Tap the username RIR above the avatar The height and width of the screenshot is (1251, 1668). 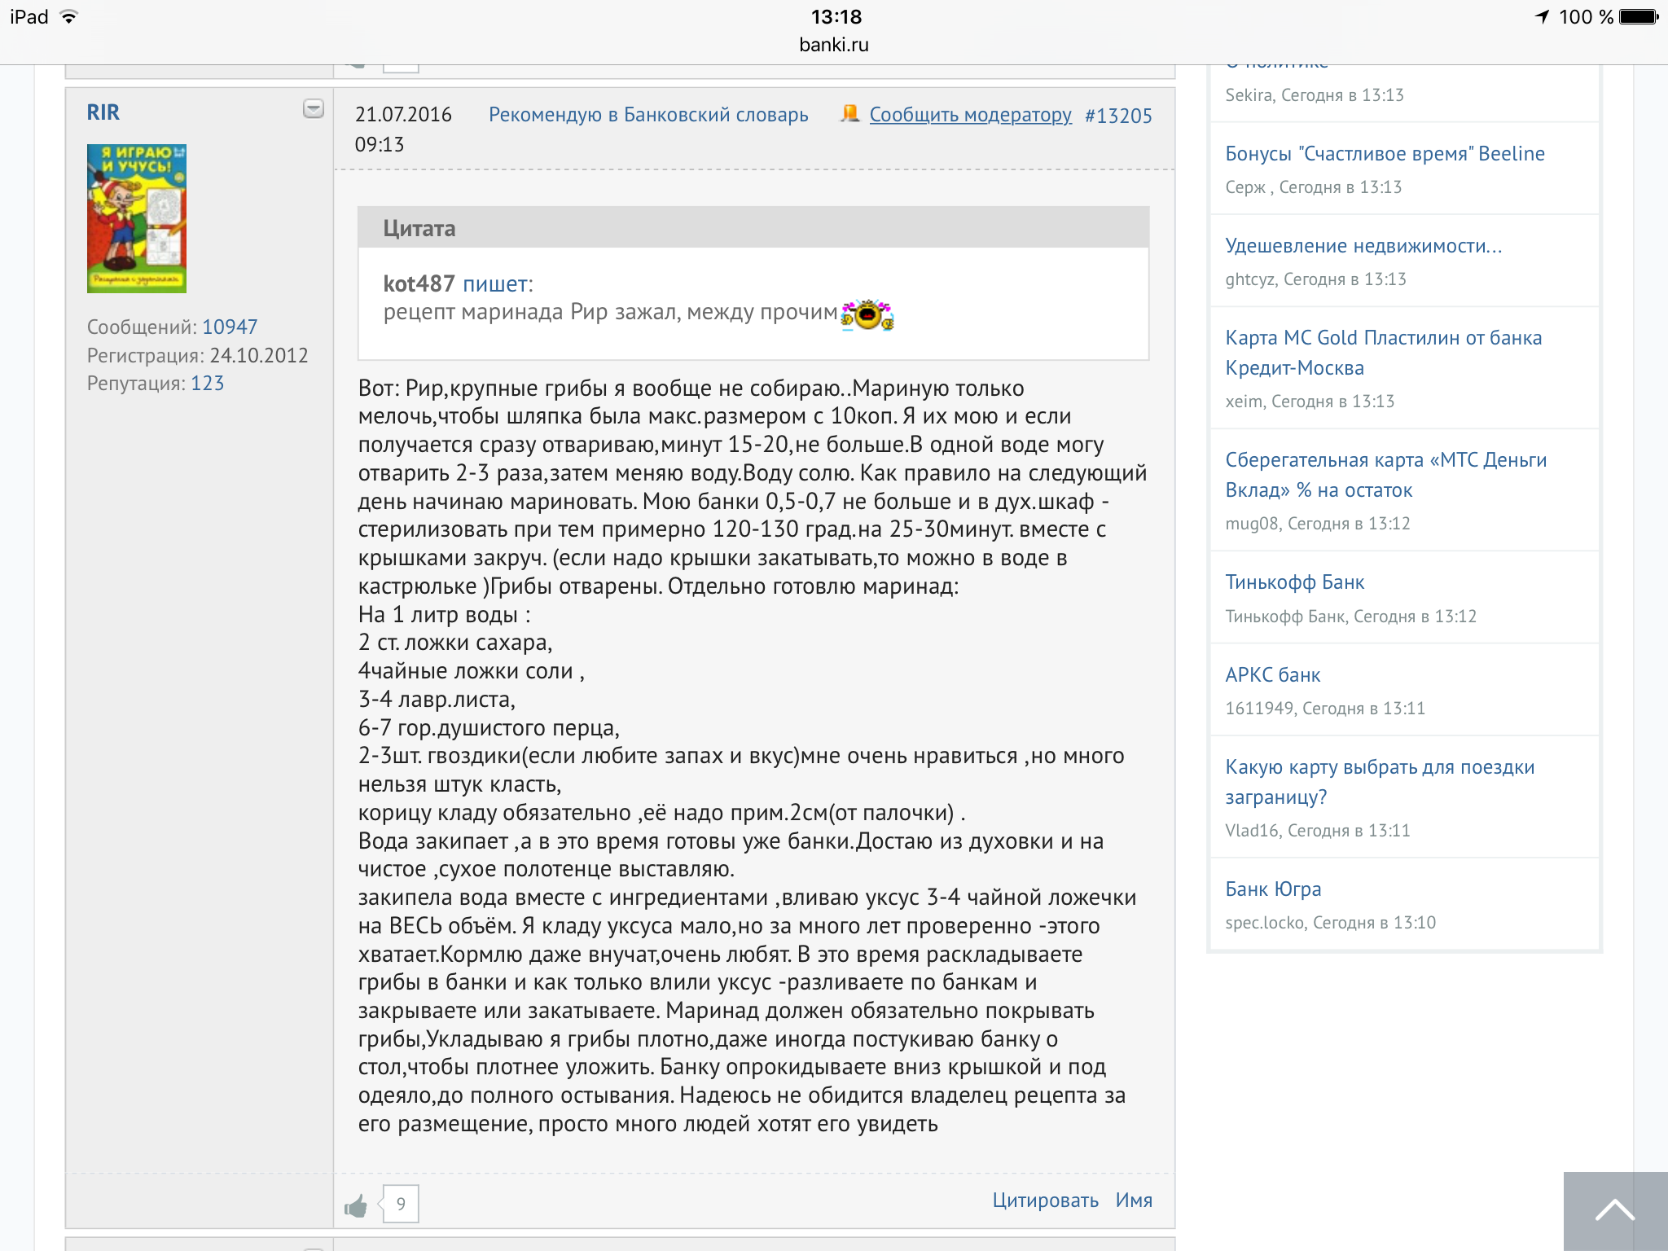click(x=103, y=112)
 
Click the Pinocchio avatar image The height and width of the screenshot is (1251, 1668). click(x=137, y=218)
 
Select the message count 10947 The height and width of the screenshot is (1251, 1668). click(x=230, y=327)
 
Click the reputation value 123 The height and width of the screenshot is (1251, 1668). click(x=207, y=384)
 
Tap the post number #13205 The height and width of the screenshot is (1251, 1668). click(x=1118, y=116)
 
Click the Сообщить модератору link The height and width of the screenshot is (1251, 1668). click(x=970, y=115)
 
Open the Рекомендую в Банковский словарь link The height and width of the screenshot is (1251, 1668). click(x=648, y=115)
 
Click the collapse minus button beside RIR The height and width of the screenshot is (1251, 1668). click(x=314, y=108)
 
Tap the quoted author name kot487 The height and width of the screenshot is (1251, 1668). click(x=419, y=283)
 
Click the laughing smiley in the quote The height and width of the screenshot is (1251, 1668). click(x=867, y=314)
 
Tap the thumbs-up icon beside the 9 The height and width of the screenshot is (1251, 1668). click(x=356, y=1205)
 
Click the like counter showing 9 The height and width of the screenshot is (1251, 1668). click(x=401, y=1204)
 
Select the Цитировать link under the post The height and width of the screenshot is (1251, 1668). click(x=1045, y=1201)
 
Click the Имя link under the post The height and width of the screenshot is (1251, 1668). click(x=1134, y=1201)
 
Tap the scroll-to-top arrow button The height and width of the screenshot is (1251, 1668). click(x=1615, y=1211)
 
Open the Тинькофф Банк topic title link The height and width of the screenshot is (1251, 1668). click(x=1294, y=582)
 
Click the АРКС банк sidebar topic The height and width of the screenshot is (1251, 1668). click(x=1273, y=675)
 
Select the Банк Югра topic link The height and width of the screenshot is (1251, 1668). click(x=1273, y=889)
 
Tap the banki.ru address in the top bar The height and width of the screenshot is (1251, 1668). click(x=834, y=45)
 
